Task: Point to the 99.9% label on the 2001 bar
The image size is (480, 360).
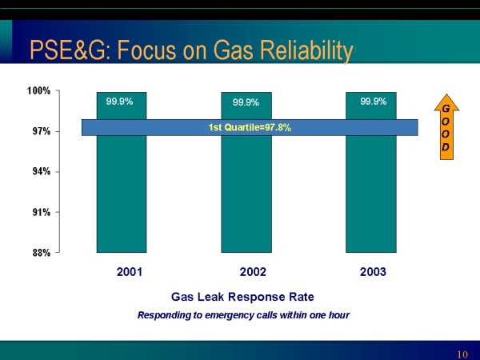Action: (x=119, y=102)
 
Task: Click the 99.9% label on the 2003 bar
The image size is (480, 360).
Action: (x=374, y=102)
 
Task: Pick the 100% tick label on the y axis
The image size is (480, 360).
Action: (x=39, y=90)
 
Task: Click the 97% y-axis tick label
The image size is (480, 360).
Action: (x=42, y=131)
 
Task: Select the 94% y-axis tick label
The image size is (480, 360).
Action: (x=42, y=171)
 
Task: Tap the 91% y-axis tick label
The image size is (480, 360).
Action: (x=42, y=212)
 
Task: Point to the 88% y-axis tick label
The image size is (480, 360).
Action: (x=42, y=253)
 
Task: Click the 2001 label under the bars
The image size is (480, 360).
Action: (x=130, y=272)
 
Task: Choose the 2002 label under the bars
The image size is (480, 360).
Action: (x=253, y=272)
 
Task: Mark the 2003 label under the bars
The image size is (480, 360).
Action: (x=373, y=272)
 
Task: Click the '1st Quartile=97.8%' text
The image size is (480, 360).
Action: (x=250, y=127)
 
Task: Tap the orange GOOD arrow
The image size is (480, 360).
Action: (x=446, y=127)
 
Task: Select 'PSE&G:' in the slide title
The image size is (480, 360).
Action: (x=72, y=50)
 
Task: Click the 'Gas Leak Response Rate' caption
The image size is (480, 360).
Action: (x=242, y=297)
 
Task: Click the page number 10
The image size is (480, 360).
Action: (x=462, y=354)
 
